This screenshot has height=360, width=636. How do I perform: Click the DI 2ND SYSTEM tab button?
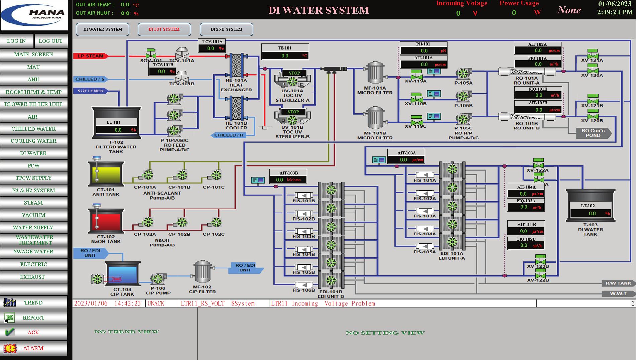point(226,29)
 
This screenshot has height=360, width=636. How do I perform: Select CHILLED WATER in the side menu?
point(33,129)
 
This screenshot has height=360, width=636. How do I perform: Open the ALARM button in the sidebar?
point(33,348)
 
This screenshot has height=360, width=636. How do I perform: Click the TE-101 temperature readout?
point(285,56)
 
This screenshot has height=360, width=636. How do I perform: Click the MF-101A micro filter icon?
point(376,73)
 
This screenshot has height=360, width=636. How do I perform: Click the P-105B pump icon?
point(463,96)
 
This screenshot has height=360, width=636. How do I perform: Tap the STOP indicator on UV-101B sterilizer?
point(293,112)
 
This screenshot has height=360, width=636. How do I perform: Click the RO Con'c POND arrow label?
point(593,133)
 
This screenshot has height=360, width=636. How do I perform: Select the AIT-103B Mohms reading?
point(288,180)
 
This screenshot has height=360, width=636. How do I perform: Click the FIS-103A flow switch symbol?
point(425,211)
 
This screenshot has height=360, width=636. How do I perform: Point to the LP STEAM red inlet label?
point(90,56)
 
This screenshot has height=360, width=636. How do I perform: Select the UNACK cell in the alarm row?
point(156,304)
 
